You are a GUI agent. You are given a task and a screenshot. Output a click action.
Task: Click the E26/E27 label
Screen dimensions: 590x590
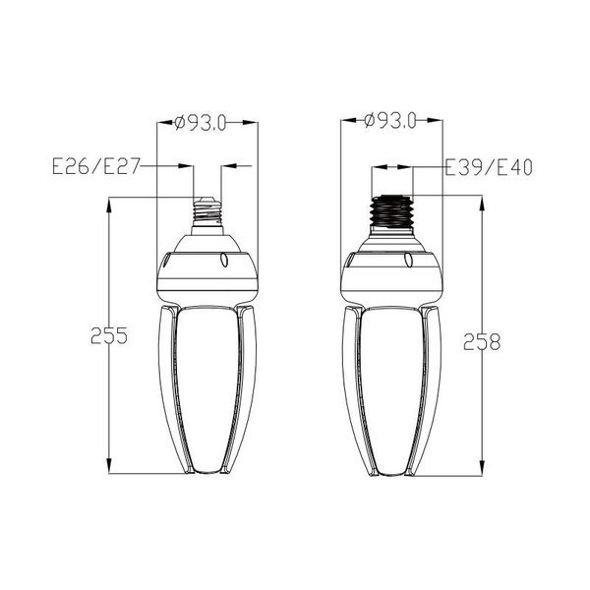pyautogui.click(x=96, y=166)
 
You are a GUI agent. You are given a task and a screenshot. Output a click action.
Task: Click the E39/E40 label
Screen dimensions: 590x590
pyautogui.click(x=489, y=167)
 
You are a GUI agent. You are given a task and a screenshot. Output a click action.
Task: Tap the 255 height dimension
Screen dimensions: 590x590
pyautogui.click(x=109, y=335)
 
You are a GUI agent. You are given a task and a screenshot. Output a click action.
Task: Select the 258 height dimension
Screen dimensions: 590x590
pyautogui.click(x=482, y=341)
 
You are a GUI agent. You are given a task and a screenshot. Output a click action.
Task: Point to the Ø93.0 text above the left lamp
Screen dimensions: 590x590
pyautogui.click(x=201, y=122)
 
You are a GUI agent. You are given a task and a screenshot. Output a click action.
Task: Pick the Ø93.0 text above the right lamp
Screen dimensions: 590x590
pyautogui.click(x=390, y=121)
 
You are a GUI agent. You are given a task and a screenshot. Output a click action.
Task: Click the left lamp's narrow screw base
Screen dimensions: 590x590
pyautogui.click(x=207, y=215)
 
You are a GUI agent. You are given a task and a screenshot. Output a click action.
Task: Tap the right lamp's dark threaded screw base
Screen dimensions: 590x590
pyautogui.click(x=391, y=211)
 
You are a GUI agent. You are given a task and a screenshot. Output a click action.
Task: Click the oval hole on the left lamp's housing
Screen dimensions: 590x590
pyautogui.click(x=224, y=260)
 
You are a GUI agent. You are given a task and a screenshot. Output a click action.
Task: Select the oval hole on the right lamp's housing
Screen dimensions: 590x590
pyautogui.click(x=408, y=260)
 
